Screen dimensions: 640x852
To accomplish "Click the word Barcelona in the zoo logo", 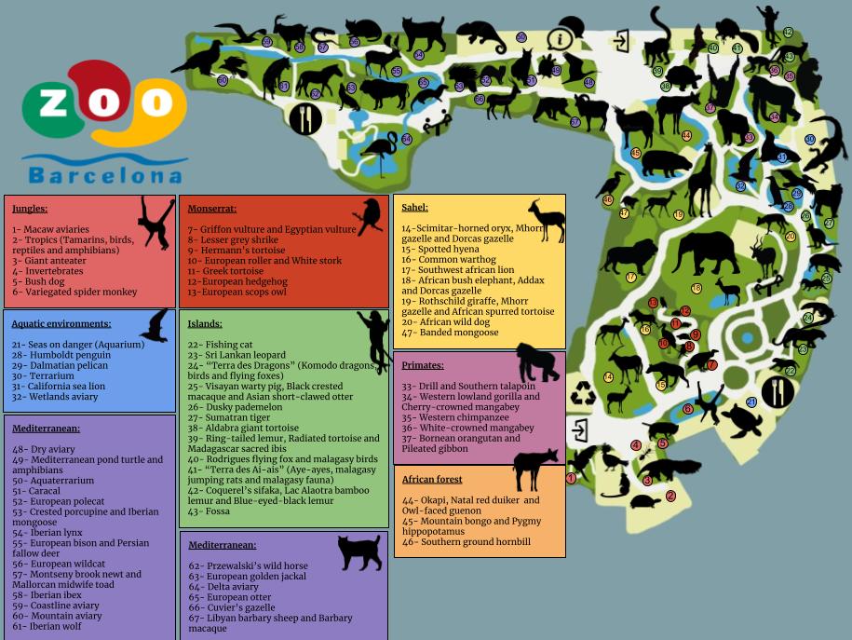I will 104,175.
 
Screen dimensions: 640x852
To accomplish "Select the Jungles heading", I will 30,209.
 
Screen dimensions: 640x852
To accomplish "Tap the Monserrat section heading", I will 212,209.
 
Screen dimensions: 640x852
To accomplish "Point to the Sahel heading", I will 414,208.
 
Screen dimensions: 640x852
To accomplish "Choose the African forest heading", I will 432,480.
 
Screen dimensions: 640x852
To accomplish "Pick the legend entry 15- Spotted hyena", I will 440,250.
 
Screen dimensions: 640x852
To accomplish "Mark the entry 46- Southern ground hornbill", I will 466,542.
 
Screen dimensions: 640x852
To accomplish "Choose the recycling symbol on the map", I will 583,394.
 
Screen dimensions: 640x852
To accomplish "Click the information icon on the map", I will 561,39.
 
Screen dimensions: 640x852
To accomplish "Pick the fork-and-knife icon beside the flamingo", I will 304,118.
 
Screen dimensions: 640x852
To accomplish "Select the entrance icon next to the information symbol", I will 620,40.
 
